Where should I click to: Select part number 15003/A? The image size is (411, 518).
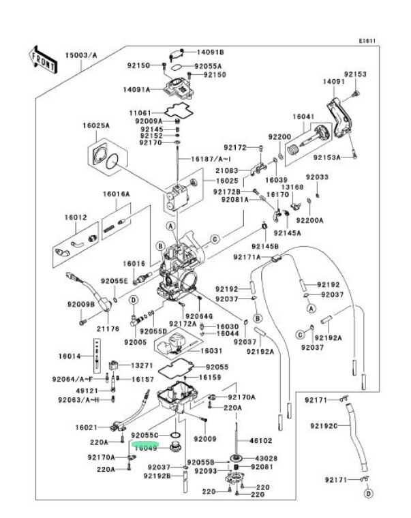tap(81, 55)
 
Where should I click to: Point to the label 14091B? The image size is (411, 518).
tap(211, 52)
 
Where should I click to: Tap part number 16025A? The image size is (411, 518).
tap(96, 125)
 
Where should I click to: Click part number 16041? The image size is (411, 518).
tap(303, 117)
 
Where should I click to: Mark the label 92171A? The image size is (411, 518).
tap(247, 257)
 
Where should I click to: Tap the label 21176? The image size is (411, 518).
tap(107, 328)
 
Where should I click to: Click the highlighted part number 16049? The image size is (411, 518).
tap(144, 448)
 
